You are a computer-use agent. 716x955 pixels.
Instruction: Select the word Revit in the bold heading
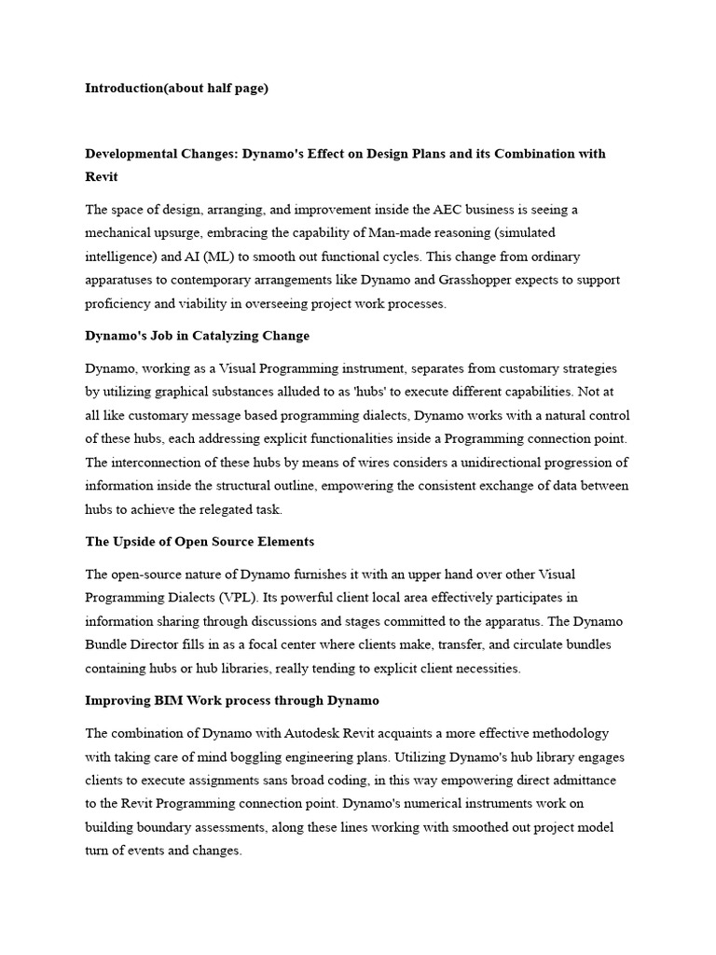click(x=102, y=176)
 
